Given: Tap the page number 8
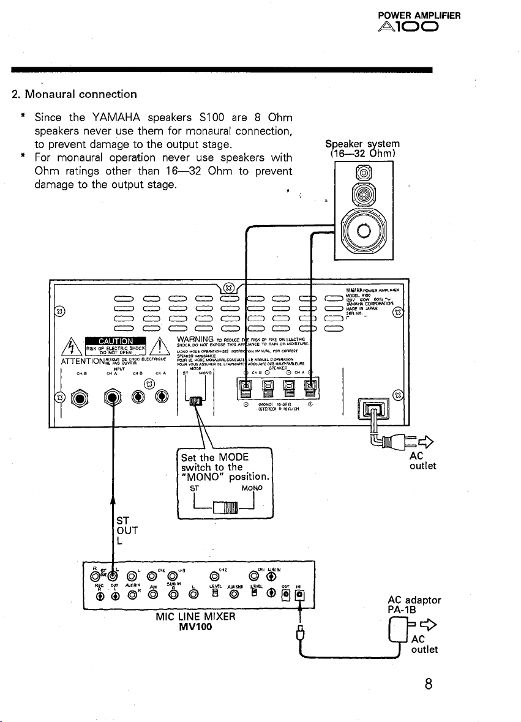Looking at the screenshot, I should [x=433, y=683].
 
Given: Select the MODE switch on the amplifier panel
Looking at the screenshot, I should [x=196, y=401].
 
